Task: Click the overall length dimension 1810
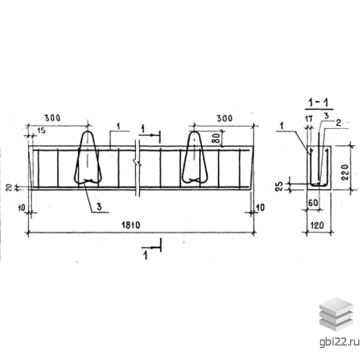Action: (131, 225)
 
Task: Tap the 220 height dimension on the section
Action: (345, 172)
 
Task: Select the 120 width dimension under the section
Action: (317, 225)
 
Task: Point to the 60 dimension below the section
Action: (313, 202)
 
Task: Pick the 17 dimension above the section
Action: (309, 119)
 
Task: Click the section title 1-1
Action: (319, 103)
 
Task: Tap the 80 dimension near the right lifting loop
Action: (217, 138)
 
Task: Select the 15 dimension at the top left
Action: (41, 130)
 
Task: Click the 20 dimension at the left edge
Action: (9, 188)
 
